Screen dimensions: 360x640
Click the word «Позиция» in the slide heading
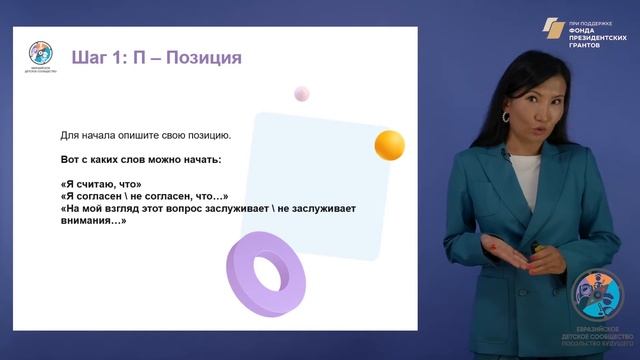pyautogui.click(x=203, y=57)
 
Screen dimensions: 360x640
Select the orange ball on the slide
pyautogui.click(x=389, y=145)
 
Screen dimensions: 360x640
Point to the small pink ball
pyautogui.click(x=302, y=94)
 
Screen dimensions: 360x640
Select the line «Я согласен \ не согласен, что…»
pyautogui.click(x=145, y=196)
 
